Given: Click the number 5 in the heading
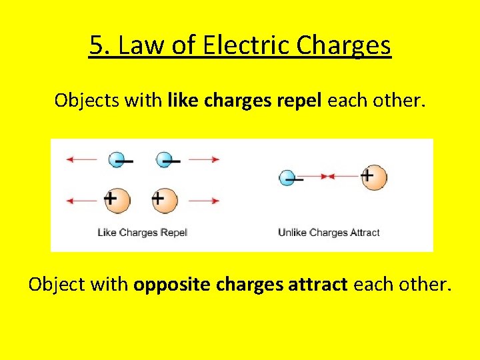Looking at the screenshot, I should click(97, 46).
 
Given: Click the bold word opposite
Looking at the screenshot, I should click(174, 285).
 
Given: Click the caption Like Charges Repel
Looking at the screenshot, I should click(143, 233).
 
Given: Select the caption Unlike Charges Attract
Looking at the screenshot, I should click(329, 233).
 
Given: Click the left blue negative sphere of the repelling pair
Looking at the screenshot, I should click(117, 159).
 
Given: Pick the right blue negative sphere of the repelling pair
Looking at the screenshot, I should click(165, 159).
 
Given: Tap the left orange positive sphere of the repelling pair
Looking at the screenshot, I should click(117, 200).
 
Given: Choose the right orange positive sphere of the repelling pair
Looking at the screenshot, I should click(165, 200).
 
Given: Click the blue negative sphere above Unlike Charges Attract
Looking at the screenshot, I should click(287, 177).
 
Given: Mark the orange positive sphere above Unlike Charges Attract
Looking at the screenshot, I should click(373, 177).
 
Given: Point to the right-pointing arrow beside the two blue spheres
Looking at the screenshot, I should click(204, 159).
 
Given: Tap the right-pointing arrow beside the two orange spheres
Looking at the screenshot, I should click(204, 201).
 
